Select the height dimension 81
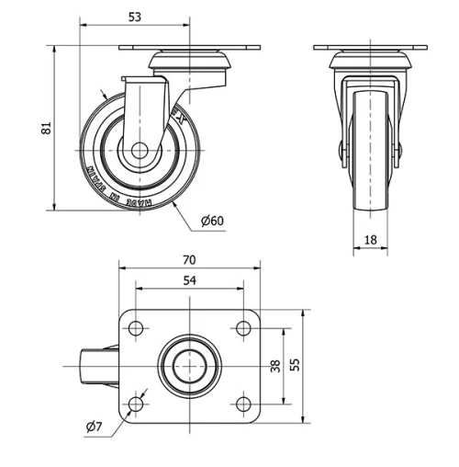point(47,129)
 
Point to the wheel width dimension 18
point(372,239)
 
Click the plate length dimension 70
point(190,260)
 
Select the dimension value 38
point(274,366)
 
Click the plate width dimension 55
point(295,366)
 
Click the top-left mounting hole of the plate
point(137,328)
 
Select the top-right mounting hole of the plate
point(243,328)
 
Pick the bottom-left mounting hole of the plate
point(137,404)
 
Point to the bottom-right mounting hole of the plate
point(243,404)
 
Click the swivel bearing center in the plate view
point(190,366)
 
